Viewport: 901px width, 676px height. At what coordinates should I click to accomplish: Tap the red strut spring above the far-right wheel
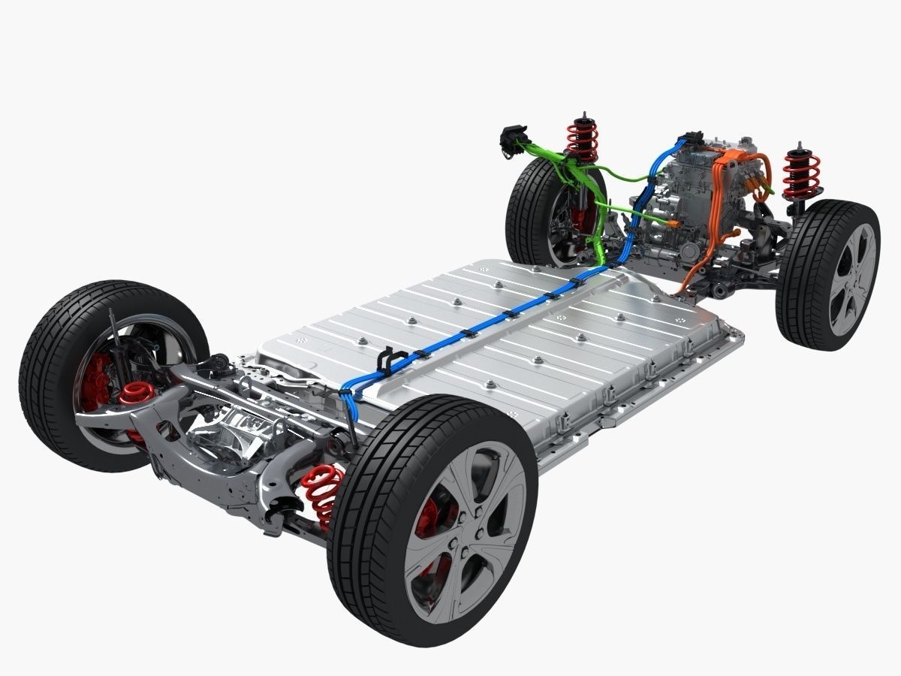click(x=800, y=175)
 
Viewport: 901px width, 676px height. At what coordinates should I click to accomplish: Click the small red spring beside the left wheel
click(x=137, y=392)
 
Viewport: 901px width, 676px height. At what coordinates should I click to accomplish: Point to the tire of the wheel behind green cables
click(x=526, y=210)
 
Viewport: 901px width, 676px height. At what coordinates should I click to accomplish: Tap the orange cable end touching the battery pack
click(x=680, y=289)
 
